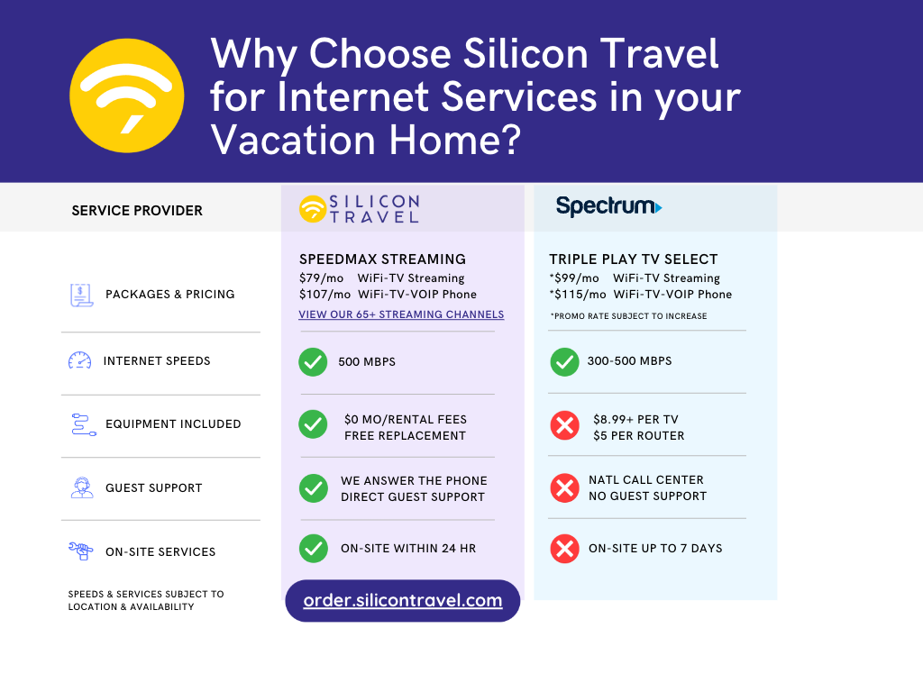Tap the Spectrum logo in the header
608,206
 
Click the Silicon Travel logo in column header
359,208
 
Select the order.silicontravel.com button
403,601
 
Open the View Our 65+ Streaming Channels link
401,314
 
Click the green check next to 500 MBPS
313,361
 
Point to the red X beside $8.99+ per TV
564,425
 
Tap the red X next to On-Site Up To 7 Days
564,549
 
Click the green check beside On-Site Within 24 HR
313,549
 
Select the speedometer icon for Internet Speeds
80,360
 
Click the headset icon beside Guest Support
82,487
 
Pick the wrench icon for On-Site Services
81,551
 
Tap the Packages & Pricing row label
169,294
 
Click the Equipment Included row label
173,423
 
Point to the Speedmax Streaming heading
382,259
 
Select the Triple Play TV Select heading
634,259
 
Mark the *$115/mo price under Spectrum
578,295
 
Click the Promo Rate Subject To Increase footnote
628,316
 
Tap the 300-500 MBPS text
630,361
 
